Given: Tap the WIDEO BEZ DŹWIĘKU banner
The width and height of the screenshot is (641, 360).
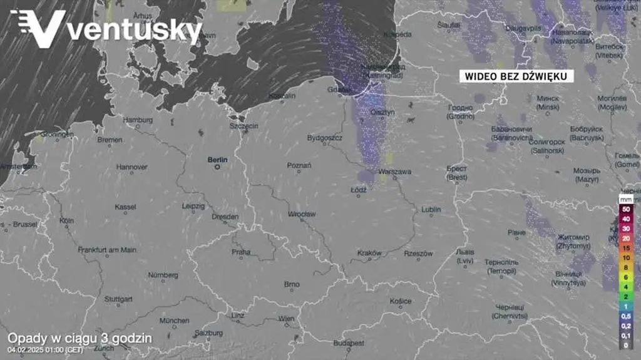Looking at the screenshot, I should coord(516,76).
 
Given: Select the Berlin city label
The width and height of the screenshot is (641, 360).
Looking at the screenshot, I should coord(218,160).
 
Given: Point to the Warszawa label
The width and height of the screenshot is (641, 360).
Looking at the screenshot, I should coord(395,172).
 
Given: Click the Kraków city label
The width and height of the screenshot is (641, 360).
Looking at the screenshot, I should coord(369,253).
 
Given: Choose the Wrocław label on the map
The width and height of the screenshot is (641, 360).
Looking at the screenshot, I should coord(302,213).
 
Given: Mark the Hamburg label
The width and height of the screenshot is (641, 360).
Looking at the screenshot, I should coord(138,120).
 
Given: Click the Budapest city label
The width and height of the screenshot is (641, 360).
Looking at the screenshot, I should coord(349,343).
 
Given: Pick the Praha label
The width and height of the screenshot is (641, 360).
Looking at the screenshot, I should coord(241,252).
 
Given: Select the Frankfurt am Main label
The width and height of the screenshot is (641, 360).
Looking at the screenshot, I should coord(107,249).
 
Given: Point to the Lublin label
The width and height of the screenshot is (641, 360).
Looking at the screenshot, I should coord(431,209).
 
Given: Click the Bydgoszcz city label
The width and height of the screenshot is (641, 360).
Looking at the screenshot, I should coord(324,137).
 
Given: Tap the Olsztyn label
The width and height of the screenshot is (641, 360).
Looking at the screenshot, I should coord(382,113).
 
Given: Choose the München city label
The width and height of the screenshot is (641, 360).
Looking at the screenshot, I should coord(174,321).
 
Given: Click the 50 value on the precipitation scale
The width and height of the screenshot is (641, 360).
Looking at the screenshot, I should coord(625,208).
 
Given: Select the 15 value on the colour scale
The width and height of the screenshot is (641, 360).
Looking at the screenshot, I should coord(625,248).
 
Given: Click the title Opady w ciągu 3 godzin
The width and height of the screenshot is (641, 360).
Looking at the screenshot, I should coord(79,338).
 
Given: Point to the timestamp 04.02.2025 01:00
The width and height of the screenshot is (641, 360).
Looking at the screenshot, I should coord(45,349).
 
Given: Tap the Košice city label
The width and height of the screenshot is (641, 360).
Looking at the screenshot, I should coord(401,301).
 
